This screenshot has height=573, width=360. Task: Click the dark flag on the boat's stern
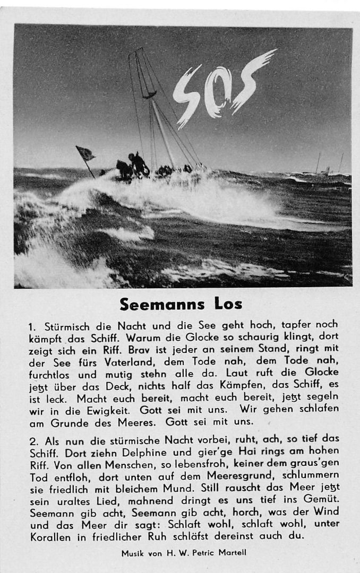(x=85, y=153)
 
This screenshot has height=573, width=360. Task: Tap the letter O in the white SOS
(x=218, y=93)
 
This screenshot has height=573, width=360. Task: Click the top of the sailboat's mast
(x=140, y=51)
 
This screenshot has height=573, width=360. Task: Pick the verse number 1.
(x=32, y=327)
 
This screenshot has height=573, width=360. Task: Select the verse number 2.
(x=33, y=441)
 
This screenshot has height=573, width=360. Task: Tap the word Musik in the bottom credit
(x=133, y=553)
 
